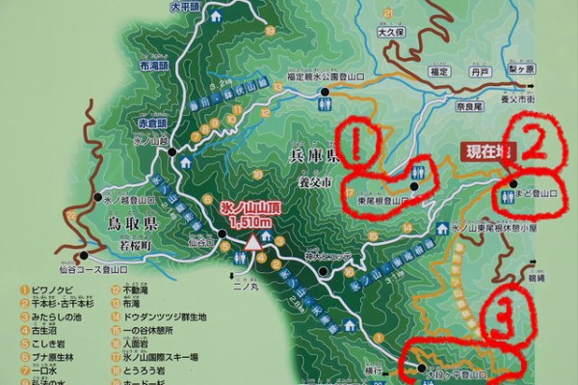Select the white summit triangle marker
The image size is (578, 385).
(253, 242)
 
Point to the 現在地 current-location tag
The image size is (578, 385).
(490, 151)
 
